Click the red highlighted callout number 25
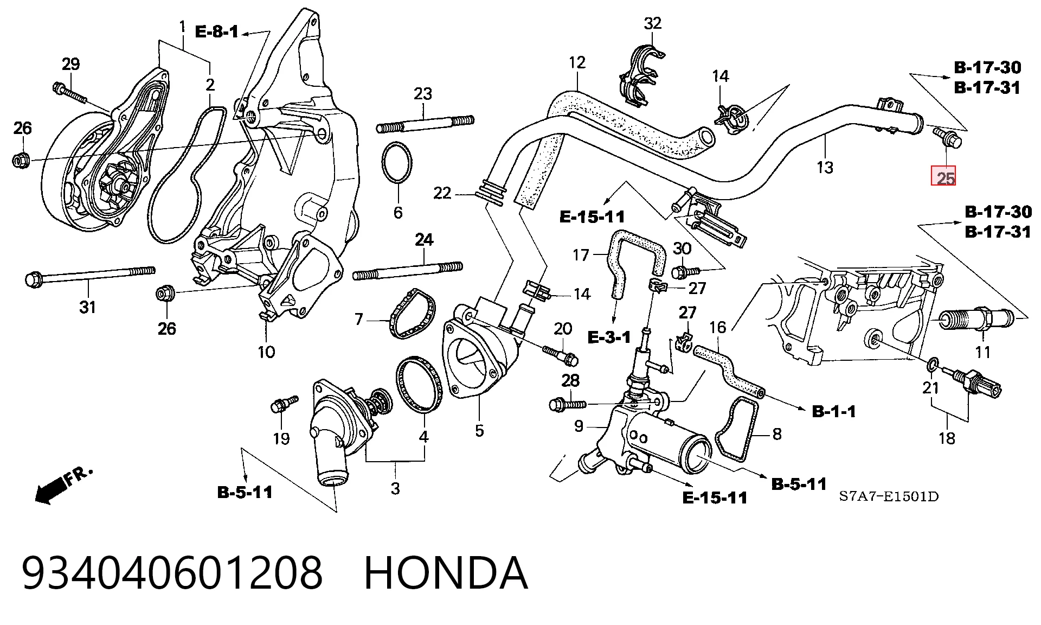point(943,175)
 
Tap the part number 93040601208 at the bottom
point(172,573)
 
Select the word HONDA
point(446,573)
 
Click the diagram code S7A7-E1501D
point(889,496)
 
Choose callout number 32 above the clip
point(653,23)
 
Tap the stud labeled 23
point(425,124)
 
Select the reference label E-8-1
point(217,32)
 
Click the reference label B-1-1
point(834,411)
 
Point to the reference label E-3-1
point(609,337)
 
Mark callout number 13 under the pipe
point(825,167)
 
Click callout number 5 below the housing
point(479,431)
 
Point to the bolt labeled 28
point(567,404)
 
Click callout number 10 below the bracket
point(266,352)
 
